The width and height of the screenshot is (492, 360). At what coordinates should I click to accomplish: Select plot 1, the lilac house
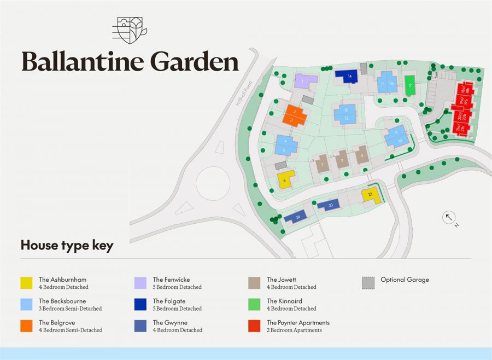305,82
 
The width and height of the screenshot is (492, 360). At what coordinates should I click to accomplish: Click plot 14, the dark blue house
347,76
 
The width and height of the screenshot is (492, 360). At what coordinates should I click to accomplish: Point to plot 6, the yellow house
286,178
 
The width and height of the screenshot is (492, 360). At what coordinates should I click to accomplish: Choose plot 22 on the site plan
371,195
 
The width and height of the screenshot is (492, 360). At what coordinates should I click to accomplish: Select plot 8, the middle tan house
342,159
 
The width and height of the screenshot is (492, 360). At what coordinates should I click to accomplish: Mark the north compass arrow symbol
449,218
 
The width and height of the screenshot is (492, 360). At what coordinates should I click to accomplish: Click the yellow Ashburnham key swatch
26,283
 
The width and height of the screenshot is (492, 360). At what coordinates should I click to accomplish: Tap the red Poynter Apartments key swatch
254,326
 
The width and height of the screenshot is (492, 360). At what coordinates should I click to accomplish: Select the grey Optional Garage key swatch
368,283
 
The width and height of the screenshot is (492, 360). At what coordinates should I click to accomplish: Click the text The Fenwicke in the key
171,280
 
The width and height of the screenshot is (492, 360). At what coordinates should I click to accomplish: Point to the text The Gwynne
170,323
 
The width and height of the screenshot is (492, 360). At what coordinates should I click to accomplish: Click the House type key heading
67,245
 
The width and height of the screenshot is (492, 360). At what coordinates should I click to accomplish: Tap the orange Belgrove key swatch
26,326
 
